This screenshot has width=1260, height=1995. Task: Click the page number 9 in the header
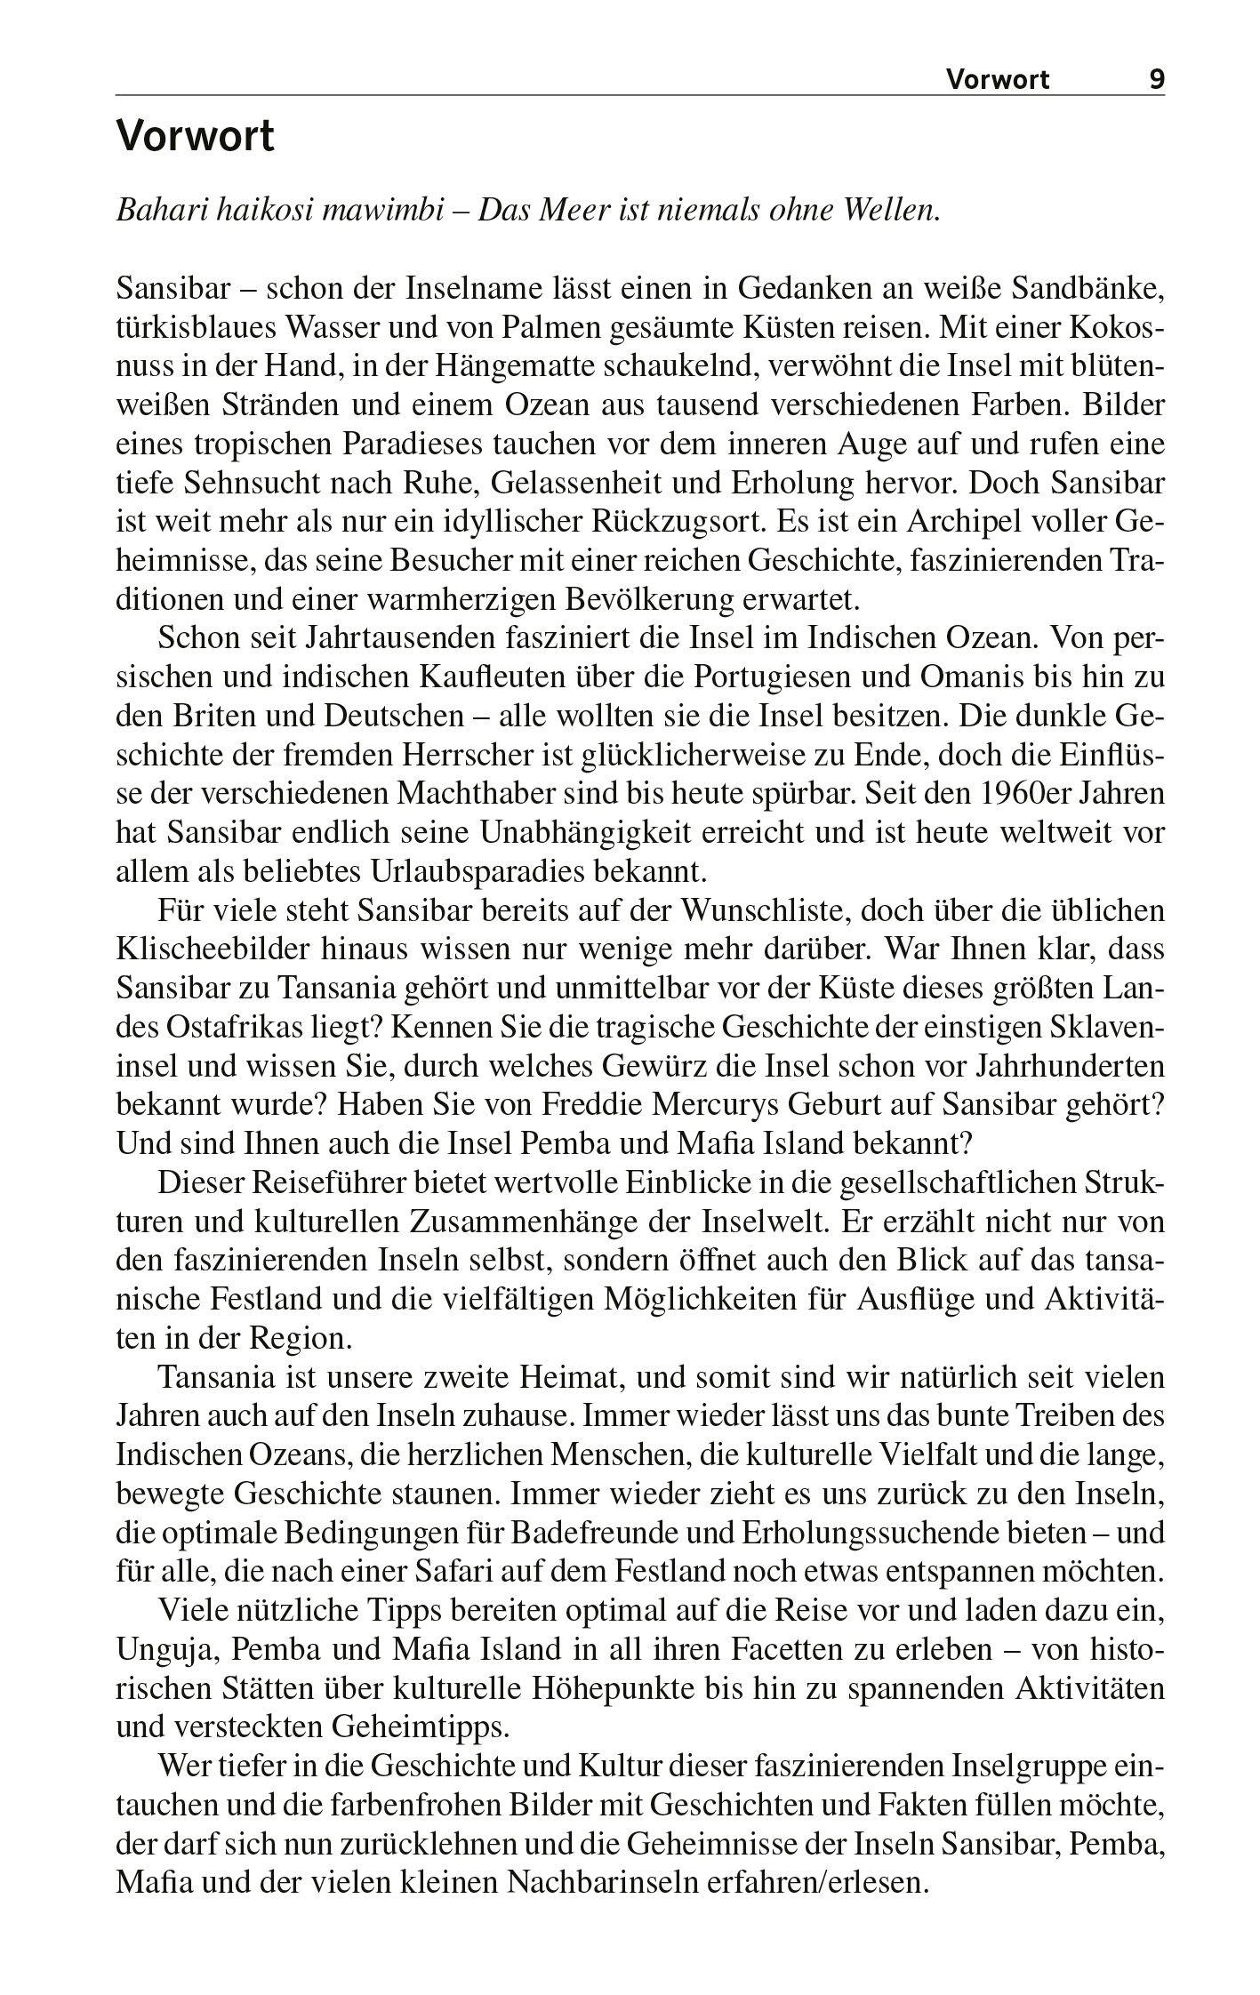click(1156, 80)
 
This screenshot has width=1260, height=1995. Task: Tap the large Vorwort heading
click(196, 138)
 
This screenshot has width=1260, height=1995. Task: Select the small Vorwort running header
click(997, 80)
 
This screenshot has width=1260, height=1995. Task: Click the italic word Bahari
click(159, 211)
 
